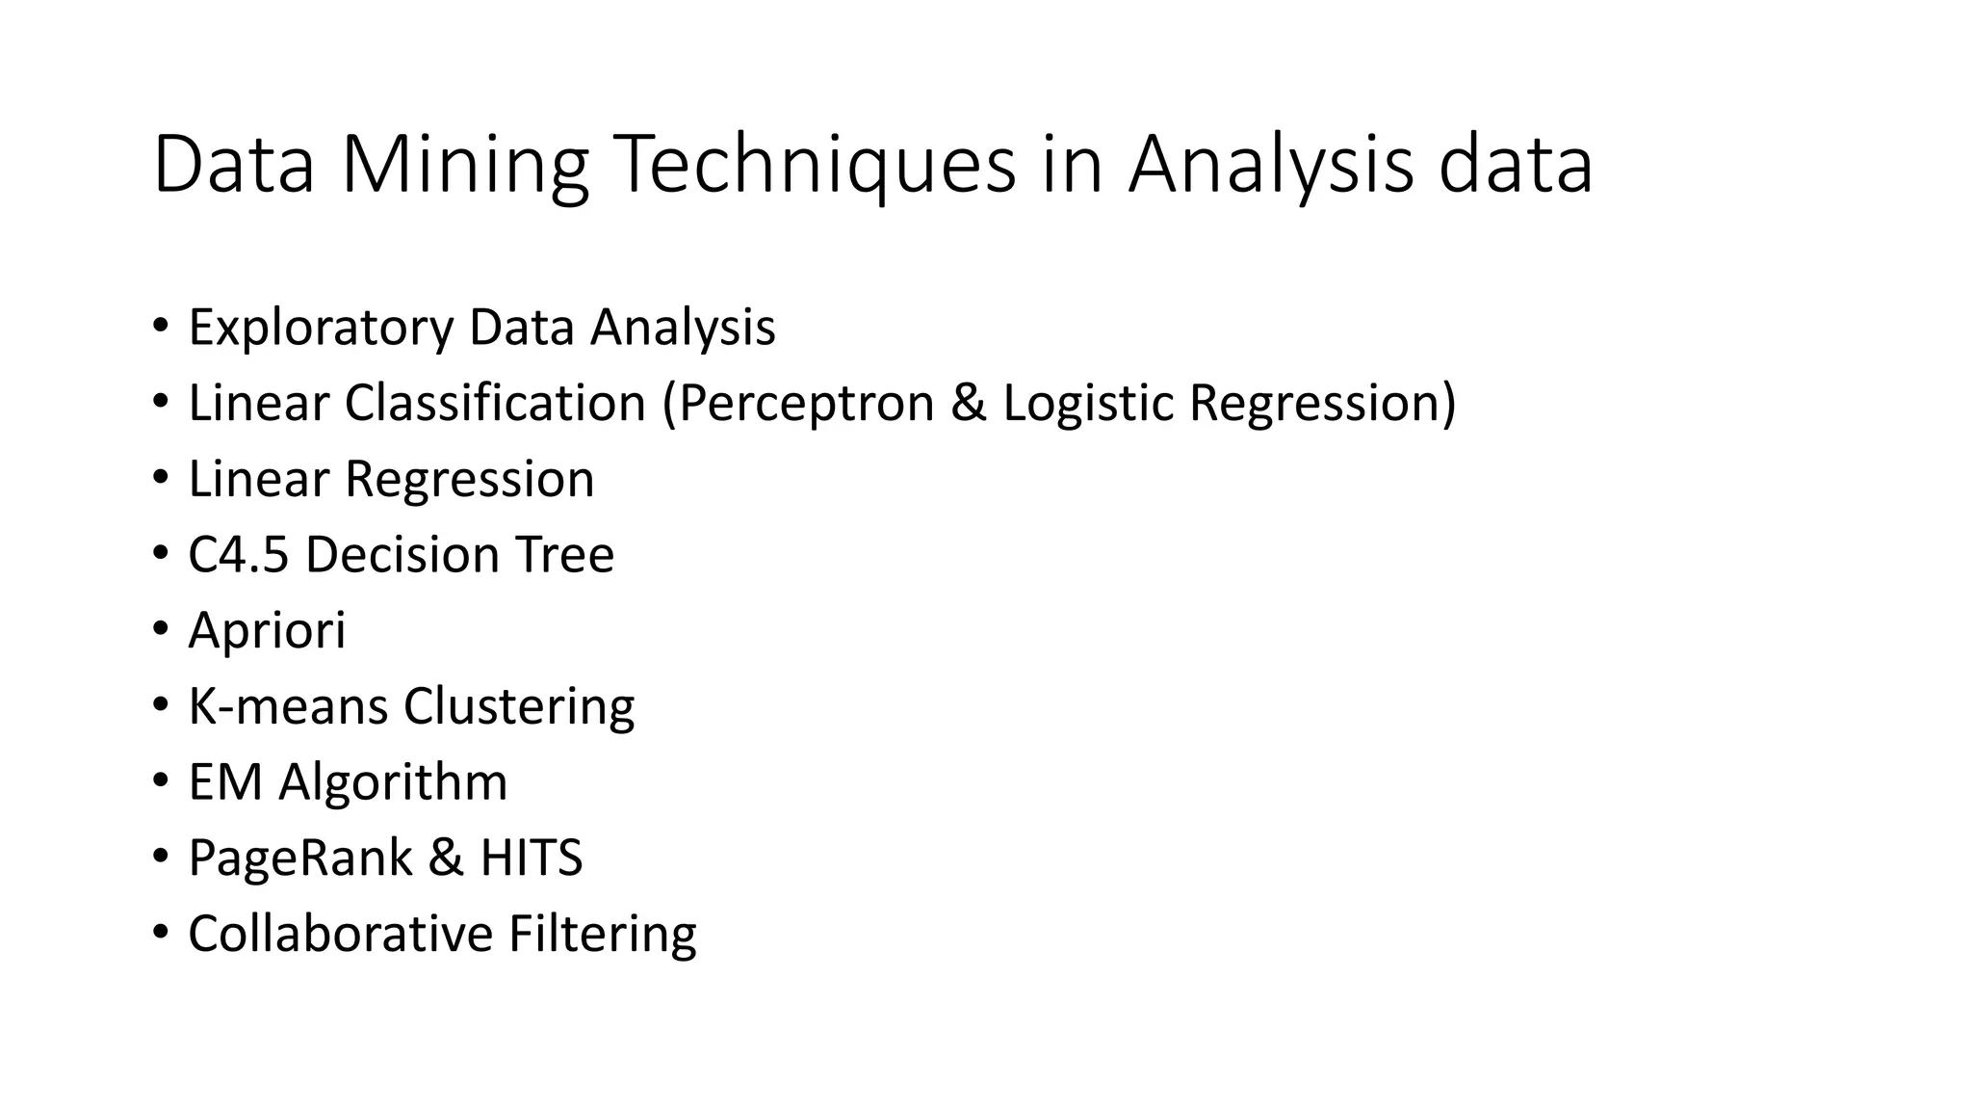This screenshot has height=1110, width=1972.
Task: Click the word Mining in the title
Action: pyautogui.click(x=464, y=166)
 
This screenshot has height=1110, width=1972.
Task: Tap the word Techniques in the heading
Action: pyautogui.click(x=815, y=166)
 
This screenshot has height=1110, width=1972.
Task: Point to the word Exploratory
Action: pyautogui.click(x=320, y=328)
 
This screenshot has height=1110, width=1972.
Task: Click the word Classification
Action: pyautogui.click(x=495, y=403)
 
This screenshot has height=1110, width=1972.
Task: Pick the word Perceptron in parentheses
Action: pyautogui.click(x=806, y=403)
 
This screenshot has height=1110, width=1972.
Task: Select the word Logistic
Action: pyautogui.click(x=1089, y=403)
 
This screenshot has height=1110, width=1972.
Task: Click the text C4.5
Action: pyautogui.click(x=238, y=555)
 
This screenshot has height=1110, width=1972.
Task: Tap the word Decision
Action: pyautogui.click(x=402, y=555)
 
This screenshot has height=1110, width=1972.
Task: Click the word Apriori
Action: pyautogui.click(x=267, y=631)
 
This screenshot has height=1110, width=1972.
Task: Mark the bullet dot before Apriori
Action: pyautogui.click(x=160, y=629)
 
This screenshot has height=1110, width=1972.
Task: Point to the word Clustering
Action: pyautogui.click(x=519, y=706)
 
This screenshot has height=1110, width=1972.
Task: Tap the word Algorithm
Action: pyautogui.click(x=393, y=782)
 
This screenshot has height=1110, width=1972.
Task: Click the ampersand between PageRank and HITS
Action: pyautogui.click(x=445, y=858)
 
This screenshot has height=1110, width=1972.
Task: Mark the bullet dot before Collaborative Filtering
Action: pyautogui.click(x=160, y=932)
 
